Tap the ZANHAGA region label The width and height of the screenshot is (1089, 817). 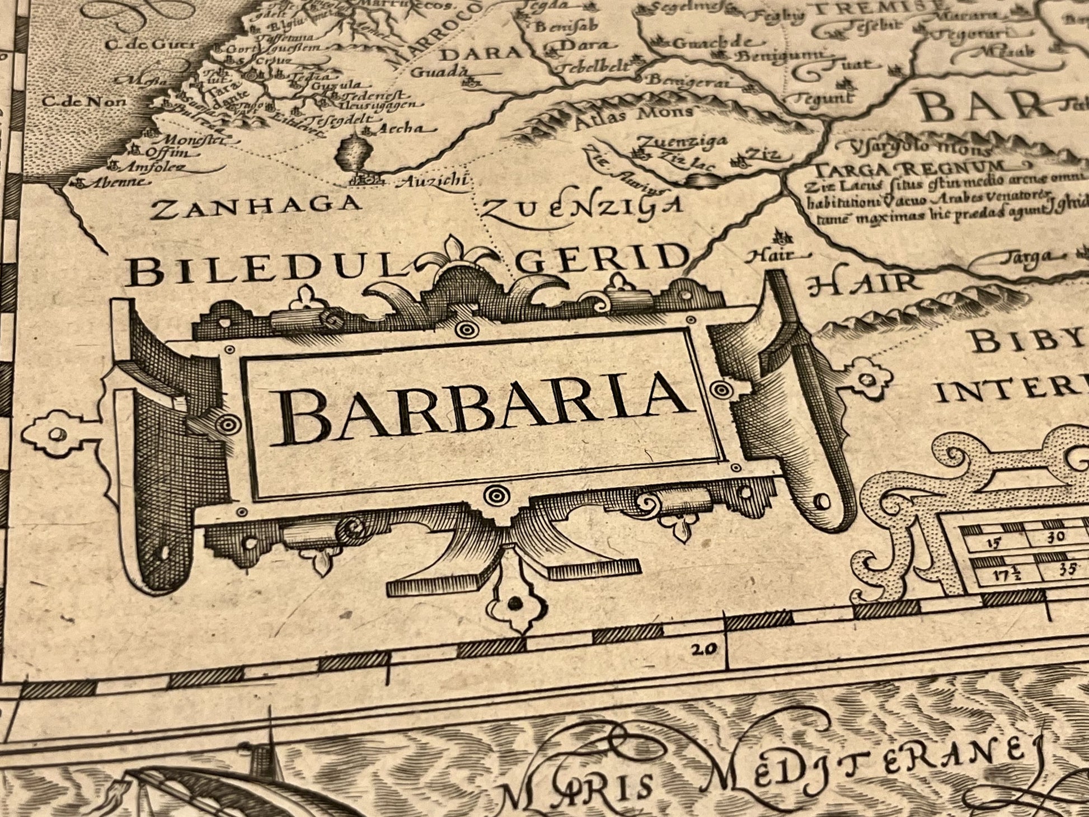coord(257,206)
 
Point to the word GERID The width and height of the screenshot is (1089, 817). coord(602,260)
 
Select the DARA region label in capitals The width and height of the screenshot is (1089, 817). coord(480,54)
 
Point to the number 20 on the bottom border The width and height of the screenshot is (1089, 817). coord(703,649)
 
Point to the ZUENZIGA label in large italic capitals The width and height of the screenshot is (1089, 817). coord(582,208)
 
